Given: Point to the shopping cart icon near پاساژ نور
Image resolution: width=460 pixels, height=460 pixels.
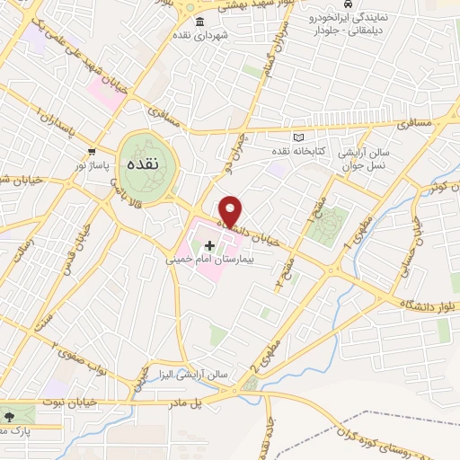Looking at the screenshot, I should pyautogui.click(x=92, y=151).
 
